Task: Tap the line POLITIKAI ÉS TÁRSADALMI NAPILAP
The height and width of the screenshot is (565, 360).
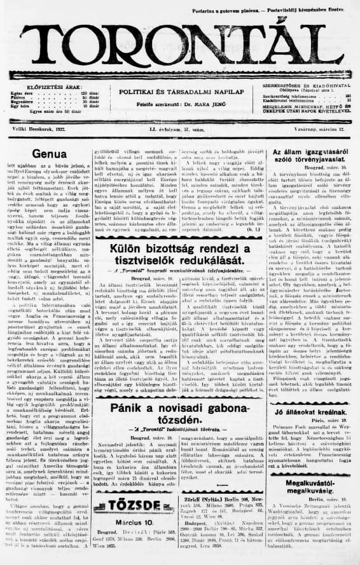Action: coord(181,91)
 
